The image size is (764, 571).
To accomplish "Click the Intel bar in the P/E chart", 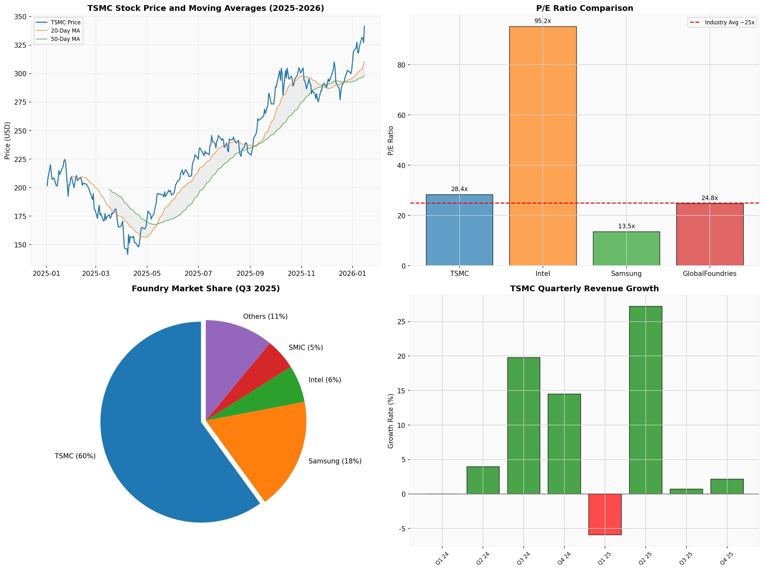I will tap(543, 145).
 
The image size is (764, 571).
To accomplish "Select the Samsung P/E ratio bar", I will tap(626, 248).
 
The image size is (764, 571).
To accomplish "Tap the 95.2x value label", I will tap(543, 21).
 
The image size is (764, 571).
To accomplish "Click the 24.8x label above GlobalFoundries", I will tap(710, 198).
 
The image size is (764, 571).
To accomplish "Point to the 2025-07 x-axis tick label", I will tap(198, 274).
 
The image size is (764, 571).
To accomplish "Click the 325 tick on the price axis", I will tap(20, 45).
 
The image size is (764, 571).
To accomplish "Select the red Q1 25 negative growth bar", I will tap(605, 514).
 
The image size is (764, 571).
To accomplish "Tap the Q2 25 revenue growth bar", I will tap(645, 400).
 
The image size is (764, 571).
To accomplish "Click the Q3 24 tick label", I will tap(523, 558).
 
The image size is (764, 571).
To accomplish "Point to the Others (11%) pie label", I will tap(265, 316).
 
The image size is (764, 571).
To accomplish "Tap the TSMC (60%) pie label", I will tap(75, 456).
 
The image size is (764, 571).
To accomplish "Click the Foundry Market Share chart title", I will tap(205, 288).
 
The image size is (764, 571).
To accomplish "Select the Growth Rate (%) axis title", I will tap(391, 421).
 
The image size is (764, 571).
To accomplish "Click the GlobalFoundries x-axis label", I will tap(710, 274).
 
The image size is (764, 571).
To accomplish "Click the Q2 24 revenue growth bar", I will tap(483, 480).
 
